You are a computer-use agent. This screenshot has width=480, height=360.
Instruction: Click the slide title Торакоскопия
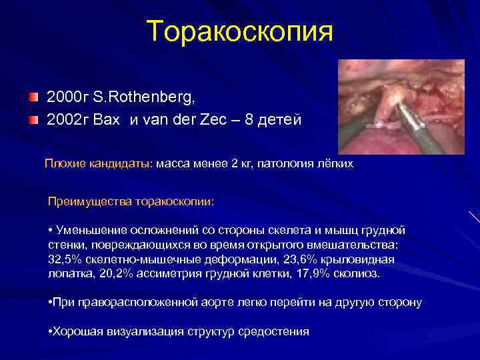click(x=239, y=31)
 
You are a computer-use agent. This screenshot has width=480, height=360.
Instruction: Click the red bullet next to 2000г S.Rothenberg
click(x=33, y=99)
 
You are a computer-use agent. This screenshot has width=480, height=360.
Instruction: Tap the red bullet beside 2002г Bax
click(x=33, y=120)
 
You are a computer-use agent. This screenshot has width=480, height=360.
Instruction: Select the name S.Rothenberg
click(x=144, y=99)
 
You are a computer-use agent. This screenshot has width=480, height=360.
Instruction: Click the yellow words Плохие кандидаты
click(x=99, y=163)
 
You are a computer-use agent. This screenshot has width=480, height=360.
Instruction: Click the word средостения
click(x=273, y=331)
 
